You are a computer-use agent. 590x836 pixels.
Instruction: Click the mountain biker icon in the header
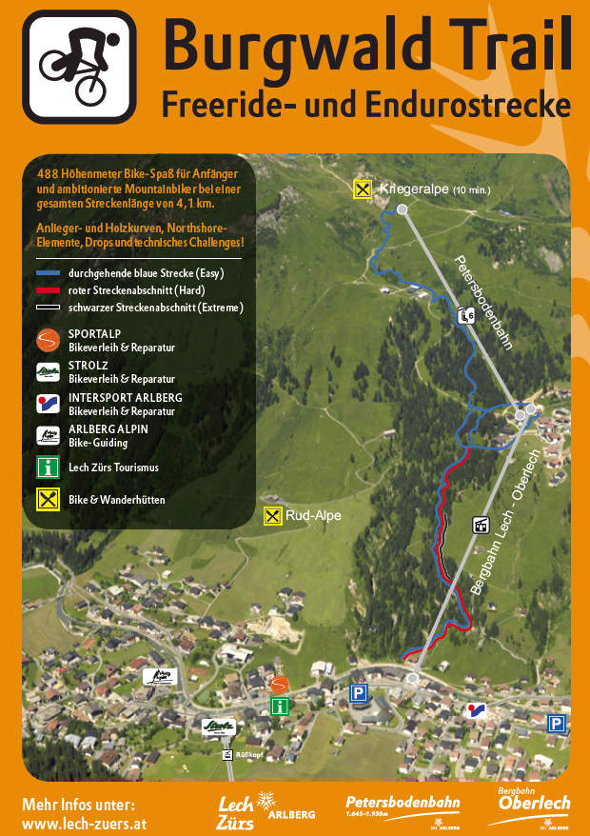tap(80, 67)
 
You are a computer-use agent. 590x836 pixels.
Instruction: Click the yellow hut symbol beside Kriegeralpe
tap(363, 189)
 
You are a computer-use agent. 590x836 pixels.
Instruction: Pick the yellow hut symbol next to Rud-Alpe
tap(273, 516)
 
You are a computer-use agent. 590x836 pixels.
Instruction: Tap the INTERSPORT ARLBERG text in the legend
tap(126, 397)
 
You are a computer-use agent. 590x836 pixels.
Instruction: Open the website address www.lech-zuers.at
tap(84, 823)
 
